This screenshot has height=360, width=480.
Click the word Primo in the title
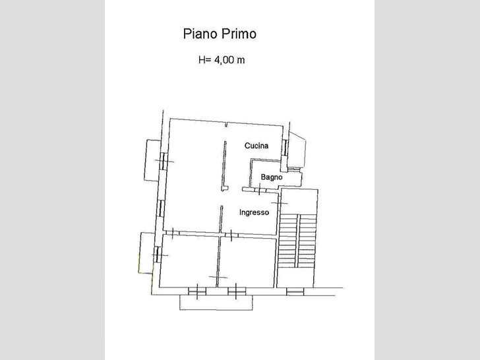click(x=239, y=34)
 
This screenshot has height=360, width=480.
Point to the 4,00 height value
click(x=225, y=60)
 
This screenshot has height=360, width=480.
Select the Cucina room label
click(x=256, y=146)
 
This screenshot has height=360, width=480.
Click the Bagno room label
click(x=272, y=177)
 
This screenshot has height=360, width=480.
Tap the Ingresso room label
click(x=254, y=212)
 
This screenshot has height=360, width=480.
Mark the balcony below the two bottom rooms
click(x=215, y=302)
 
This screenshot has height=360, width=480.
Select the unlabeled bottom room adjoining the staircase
click(x=247, y=262)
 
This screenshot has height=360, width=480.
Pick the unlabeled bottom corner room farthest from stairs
click(x=189, y=262)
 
